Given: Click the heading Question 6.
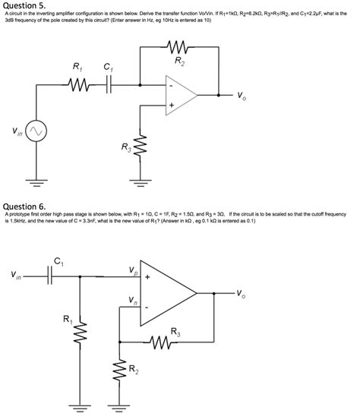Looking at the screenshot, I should click(25, 206).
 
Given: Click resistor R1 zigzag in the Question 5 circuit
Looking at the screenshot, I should click(77, 86).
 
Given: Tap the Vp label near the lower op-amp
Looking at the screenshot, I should click(134, 271).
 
